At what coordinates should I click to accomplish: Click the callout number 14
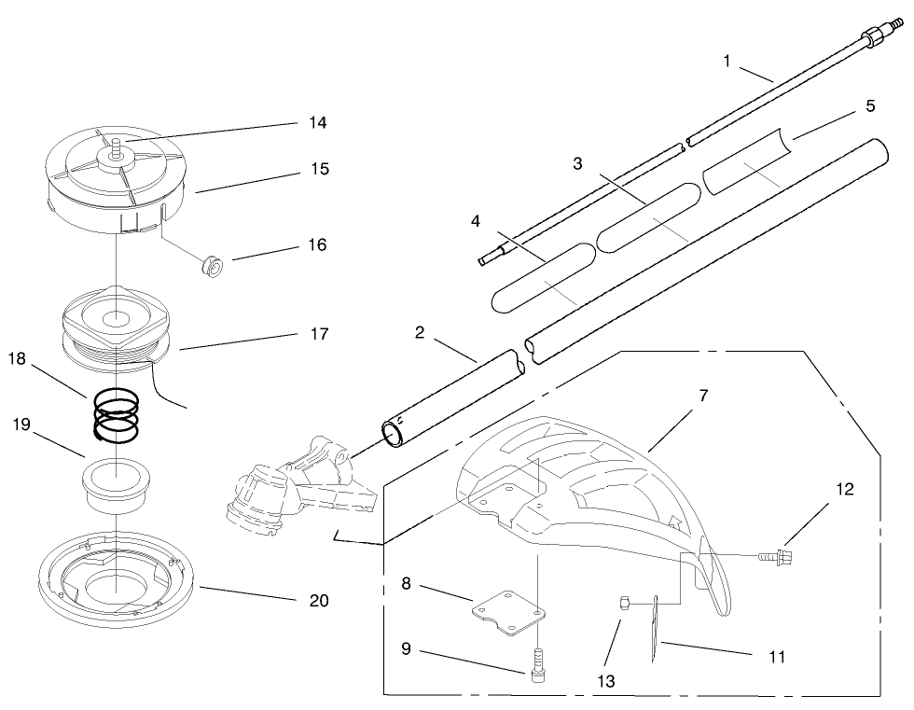(318, 122)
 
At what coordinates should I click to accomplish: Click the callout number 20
(318, 601)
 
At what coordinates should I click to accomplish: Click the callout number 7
(703, 396)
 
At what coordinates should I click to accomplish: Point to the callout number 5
(869, 106)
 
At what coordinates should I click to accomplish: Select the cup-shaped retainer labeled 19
(117, 484)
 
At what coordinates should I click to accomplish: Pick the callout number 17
(318, 333)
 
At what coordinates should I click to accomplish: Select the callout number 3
(577, 164)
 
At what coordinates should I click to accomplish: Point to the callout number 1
(728, 61)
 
